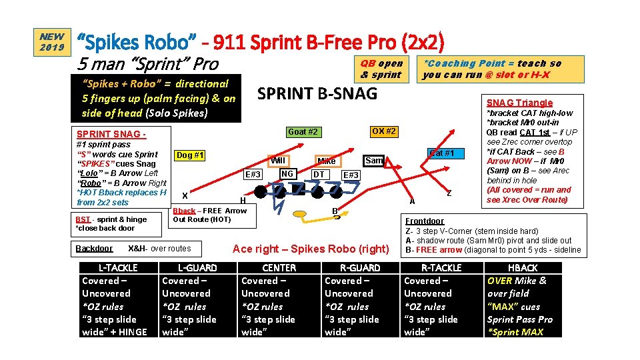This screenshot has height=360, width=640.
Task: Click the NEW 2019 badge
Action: (x=52, y=42)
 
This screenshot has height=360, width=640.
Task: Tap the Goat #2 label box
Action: (x=303, y=132)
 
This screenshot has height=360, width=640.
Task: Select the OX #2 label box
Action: (x=383, y=131)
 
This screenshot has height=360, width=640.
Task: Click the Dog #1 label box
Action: (x=190, y=156)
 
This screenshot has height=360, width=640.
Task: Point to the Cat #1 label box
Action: (x=441, y=153)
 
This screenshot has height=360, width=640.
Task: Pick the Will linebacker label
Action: (x=277, y=161)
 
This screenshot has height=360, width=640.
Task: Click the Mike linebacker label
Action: (x=327, y=161)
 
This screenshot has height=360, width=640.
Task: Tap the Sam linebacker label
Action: (x=374, y=161)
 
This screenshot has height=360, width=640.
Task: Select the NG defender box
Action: (x=287, y=174)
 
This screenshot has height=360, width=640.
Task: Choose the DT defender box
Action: (x=319, y=175)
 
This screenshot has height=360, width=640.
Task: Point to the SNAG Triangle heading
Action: (x=519, y=103)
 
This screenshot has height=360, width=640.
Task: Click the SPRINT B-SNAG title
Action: (x=317, y=93)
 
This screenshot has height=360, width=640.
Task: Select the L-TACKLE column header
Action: (x=118, y=268)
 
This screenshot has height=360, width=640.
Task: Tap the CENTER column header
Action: (x=279, y=268)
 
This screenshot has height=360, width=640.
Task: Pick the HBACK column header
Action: (x=523, y=268)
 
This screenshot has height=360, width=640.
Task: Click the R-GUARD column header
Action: (x=360, y=268)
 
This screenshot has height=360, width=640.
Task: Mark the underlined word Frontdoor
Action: (x=425, y=221)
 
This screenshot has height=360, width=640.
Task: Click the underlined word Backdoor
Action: (x=94, y=249)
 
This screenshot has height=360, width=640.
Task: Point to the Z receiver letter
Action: (x=449, y=193)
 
